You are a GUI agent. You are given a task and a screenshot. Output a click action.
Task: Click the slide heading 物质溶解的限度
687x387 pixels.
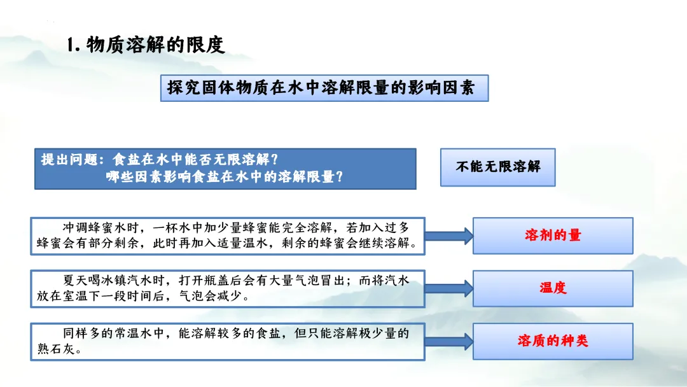pyautogui.click(x=155, y=45)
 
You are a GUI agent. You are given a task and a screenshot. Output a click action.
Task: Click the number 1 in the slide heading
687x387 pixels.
pyautogui.click(x=72, y=45)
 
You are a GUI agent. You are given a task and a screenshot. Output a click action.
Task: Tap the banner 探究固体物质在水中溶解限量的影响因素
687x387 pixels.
pyautogui.click(x=324, y=88)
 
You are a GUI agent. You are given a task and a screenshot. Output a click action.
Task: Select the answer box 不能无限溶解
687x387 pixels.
pyautogui.click(x=497, y=167)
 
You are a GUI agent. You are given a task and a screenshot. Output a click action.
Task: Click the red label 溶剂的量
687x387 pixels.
pyautogui.click(x=552, y=235)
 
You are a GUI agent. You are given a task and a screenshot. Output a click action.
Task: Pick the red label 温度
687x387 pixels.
pyautogui.click(x=552, y=288)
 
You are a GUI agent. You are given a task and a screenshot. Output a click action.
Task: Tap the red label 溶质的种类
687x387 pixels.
pyautogui.click(x=552, y=341)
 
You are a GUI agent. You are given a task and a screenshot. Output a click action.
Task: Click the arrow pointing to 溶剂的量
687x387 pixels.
pyautogui.click(x=448, y=236)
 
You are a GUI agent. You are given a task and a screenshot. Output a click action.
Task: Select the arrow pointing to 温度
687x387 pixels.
pyautogui.click(x=448, y=288)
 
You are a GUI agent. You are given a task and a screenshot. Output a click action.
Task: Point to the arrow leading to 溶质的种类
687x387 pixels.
pyautogui.click(x=448, y=341)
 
